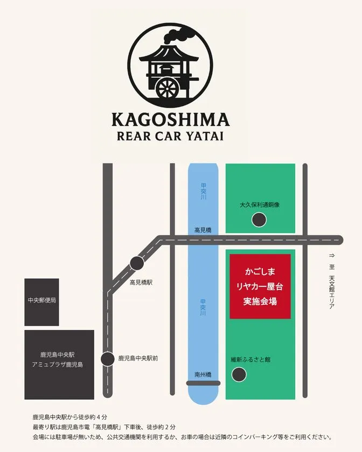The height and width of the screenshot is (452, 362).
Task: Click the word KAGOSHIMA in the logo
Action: click(x=170, y=119)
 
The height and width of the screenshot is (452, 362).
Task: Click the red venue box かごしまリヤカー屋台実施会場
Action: click(x=260, y=287)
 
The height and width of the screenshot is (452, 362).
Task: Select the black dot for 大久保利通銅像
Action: click(x=260, y=220)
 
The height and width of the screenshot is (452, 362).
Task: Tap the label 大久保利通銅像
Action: click(x=260, y=205)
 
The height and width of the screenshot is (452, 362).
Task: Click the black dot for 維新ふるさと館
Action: click(x=238, y=375)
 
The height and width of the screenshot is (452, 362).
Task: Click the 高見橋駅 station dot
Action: click(x=137, y=263)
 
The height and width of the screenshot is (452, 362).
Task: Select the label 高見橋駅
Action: click(x=141, y=282)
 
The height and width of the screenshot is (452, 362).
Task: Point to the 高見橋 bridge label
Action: click(x=203, y=230)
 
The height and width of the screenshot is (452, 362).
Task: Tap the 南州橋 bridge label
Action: click(x=203, y=375)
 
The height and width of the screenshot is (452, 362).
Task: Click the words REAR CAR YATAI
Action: click(x=170, y=135)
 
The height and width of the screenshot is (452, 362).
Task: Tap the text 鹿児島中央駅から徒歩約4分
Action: click(x=70, y=417)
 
